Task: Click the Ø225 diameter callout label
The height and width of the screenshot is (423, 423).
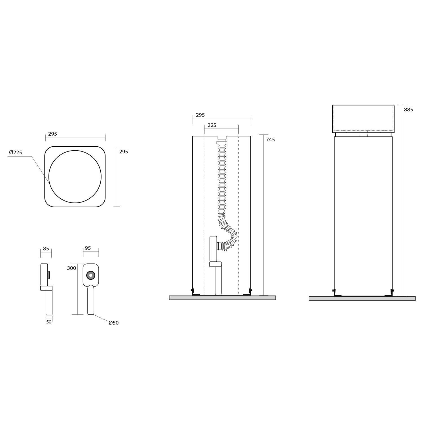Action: click(x=16, y=153)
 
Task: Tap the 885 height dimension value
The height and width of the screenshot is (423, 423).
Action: click(x=408, y=110)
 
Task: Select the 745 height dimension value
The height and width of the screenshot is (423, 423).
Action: click(x=270, y=140)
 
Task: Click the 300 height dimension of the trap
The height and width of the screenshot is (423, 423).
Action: click(x=72, y=268)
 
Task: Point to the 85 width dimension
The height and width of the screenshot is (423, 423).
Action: click(x=46, y=249)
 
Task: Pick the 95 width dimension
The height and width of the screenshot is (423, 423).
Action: click(x=88, y=248)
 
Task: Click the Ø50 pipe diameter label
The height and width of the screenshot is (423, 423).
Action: click(x=114, y=323)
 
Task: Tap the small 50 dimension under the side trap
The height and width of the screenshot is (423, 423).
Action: click(x=49, y=322)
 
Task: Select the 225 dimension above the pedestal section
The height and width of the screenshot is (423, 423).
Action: click(x=212, y=125)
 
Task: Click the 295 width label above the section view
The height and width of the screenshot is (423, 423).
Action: click(x=200, y=115)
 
